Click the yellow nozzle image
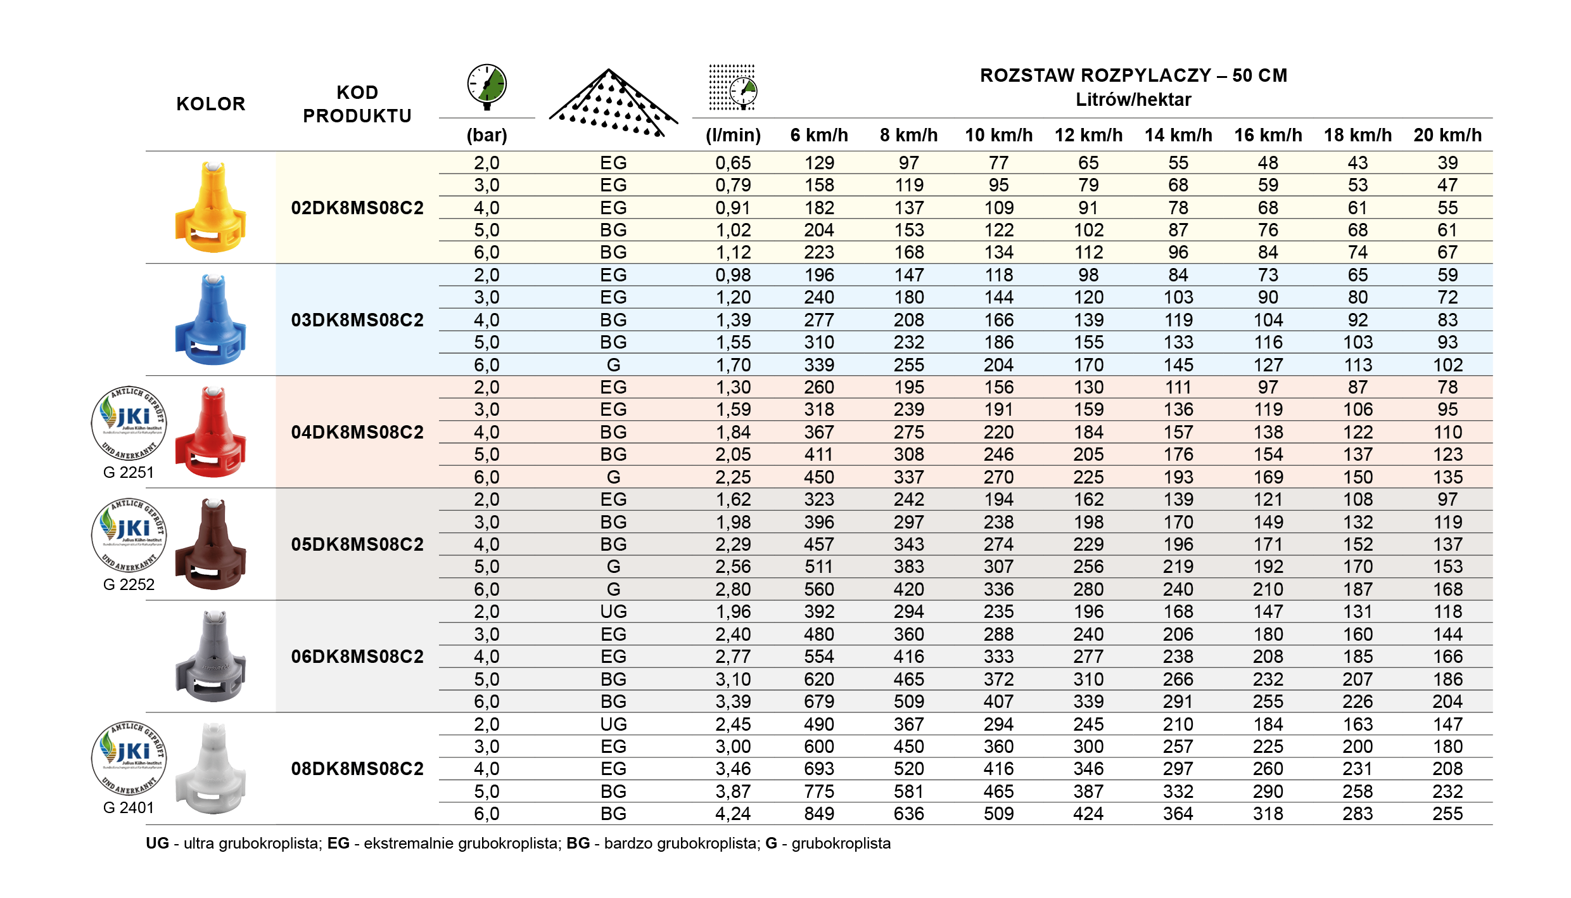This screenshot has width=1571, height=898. [x=211, y=207]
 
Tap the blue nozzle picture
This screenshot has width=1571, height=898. [x=211, y=319]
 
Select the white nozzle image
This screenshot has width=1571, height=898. [x=211, y=769]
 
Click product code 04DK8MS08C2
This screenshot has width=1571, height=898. [x=357, y=432]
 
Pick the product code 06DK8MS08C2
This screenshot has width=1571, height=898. [x=357, y=657]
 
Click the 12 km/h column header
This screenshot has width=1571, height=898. [x=1088, y=135]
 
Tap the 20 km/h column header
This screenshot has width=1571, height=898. [x=1447, y=135]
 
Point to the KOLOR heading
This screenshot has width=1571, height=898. [x=210, y=104]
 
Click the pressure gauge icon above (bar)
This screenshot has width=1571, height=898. [x=487, y=86]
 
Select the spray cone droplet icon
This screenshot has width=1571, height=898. [x=612, y=103]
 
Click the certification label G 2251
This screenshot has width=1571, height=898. [x=129, y=473]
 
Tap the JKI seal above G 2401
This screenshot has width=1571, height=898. [x=129, y=758]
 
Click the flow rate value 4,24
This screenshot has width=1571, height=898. [x=733, y=814]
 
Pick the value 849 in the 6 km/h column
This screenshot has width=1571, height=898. [x=819, y=814]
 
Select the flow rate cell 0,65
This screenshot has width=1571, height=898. [x=733, y=163]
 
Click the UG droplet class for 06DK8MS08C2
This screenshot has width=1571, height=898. [x=613, y=612]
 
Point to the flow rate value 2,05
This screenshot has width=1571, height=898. [x=733, y=454]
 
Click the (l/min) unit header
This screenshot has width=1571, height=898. [x=733, y=135]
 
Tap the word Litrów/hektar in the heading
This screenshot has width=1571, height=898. [x=1133, y=99]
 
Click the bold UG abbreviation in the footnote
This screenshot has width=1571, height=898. [x=158, y=843]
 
